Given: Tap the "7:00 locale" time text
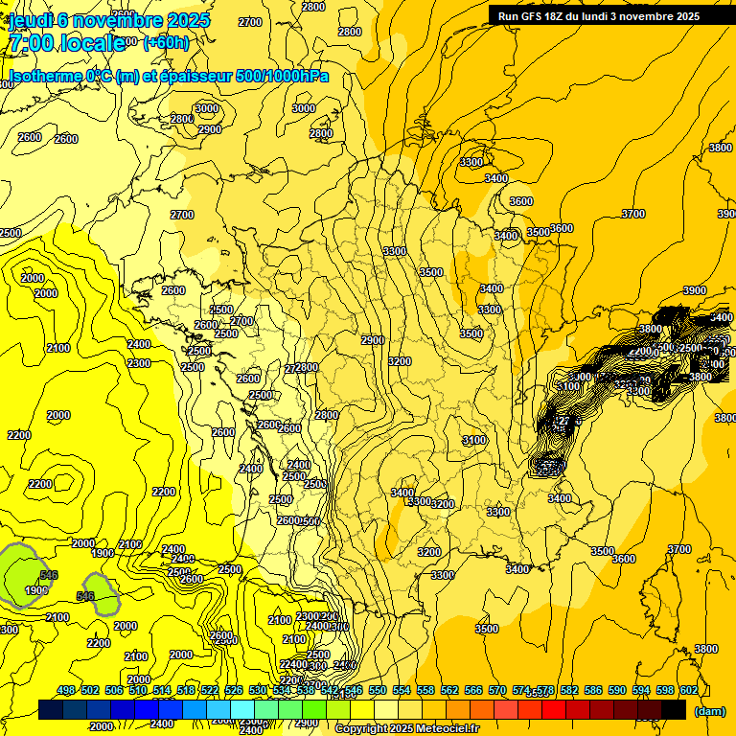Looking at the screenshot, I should coord(66,42).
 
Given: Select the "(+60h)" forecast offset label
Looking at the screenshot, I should coord(166,42).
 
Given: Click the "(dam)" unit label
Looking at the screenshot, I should coord(709,711).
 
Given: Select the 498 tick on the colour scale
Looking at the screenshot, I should coord(66,691).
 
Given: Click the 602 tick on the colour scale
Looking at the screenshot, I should coord(689,691).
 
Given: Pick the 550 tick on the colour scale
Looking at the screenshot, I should coord(378,691).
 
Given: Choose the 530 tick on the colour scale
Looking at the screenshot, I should coord(258,691).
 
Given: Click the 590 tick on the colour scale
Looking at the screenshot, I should coord(617,691).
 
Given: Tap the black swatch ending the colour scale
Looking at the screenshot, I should coord(674,709).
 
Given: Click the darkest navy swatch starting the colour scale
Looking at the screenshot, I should coord(51,709).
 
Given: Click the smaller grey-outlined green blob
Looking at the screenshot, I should coord(100,593).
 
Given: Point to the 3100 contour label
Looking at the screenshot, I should coord(473,440).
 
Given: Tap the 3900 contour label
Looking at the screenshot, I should coord(694,290).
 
